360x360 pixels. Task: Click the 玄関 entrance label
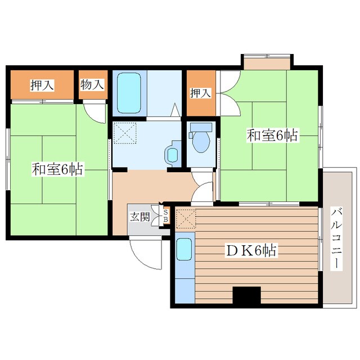(x=140, y=217)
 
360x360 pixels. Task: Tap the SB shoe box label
(x=165, y=215)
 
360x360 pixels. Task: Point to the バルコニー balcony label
(x=336, y=238)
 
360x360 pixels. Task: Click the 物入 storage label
(x=92, y=84)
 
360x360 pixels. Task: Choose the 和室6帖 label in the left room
(x=57, y=169)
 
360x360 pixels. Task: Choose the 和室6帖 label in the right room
(x=272, y=136)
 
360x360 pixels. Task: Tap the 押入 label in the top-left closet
(x=42, y=85)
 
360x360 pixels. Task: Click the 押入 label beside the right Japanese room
(x=200, y=93)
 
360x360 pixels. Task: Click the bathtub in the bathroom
(x=129, y=93)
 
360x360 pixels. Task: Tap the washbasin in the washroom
(x=173, y=154)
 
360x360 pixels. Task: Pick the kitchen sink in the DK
(x=184, y=249)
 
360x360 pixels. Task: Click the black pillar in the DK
(x=247, y=295)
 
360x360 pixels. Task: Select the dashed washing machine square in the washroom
(x=125, y=133)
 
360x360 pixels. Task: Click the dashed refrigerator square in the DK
(x=186, y=219)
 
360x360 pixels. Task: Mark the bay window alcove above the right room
(x=267, y=61)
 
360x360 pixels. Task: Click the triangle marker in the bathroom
(x=175, y=110)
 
